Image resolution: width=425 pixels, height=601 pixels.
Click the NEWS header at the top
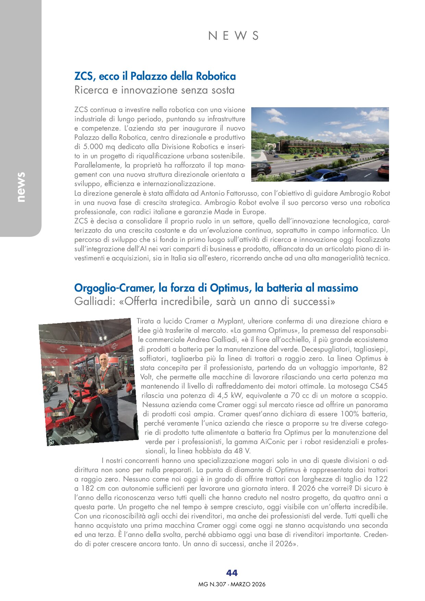233,36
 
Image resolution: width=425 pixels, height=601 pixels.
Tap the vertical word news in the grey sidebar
21,187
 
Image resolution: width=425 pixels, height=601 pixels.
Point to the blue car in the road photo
325,175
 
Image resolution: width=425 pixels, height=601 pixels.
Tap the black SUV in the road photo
261,168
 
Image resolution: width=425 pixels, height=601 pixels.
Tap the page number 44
232,573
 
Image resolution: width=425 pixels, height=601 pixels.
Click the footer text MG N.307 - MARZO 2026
232,584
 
